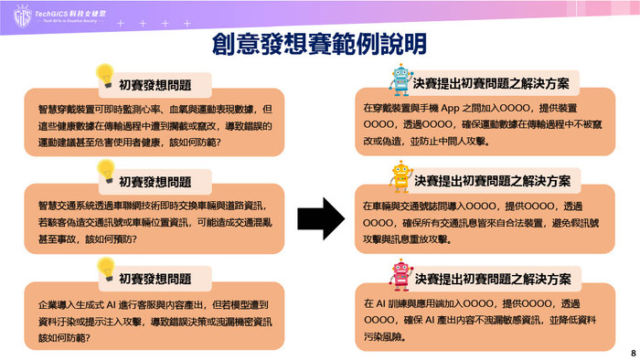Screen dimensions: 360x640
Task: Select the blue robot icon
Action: click(x=400, y=79)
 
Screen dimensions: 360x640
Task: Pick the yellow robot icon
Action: click(x=400, y=176)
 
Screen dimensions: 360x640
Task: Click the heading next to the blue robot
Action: click(x=491, y=83)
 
